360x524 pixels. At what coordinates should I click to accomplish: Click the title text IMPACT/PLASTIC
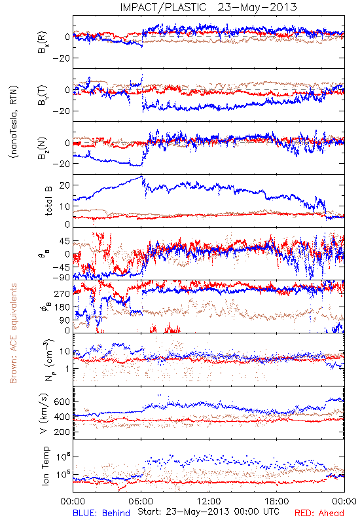click(x=163, y=7)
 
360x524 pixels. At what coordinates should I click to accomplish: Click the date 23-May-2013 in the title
click(x=257, y=7)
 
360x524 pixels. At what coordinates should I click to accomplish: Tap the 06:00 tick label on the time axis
click(x=141, y=501)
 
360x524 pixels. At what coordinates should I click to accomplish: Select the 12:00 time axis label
click(x=209, y=501)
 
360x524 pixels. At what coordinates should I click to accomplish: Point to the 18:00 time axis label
click(x=277, y=501)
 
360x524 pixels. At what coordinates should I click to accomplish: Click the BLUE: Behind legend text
click(x=101, y=513)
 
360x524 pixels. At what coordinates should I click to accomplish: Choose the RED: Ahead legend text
click(x=319, y=513)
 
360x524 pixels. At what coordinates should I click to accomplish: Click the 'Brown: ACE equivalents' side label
click(x=13, y=333)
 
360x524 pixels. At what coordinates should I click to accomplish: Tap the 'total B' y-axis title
click(x=48, y=201)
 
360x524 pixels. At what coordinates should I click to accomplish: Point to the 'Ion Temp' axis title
click(x=45, y=466)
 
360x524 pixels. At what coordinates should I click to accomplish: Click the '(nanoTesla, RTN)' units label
click(x=14, y=122)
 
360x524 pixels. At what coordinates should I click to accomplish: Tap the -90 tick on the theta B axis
click(x=62, y=277)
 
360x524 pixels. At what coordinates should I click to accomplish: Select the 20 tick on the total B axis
click(x=65, y=185)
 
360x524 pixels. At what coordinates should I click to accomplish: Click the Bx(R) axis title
click(x=43, y=43)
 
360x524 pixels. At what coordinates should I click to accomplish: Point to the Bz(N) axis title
click(x=43, y=149)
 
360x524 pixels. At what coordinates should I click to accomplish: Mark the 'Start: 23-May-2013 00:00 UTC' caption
click(x=208, y=512)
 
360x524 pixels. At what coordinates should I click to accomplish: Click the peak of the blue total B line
click(x=142, y=176)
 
